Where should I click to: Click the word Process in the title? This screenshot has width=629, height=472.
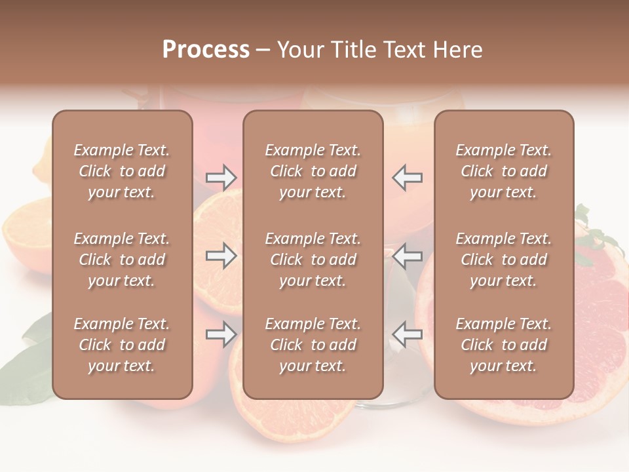[206, 50]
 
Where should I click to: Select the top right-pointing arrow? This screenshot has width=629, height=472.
[221, 177]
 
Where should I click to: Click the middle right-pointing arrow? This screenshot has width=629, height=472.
[221, 256]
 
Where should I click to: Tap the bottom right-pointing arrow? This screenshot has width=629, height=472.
[221, 334]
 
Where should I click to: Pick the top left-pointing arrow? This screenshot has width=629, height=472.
[407, 177]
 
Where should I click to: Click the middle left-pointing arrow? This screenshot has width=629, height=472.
[407, 256]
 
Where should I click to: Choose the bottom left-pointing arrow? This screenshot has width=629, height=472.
[407, 334]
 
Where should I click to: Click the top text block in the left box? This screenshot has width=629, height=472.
[122, 171]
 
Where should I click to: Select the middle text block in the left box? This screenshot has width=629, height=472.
[122, 260]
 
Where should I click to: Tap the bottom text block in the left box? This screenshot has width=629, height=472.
[122, 345]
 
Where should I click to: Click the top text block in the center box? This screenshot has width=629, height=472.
[313, 171]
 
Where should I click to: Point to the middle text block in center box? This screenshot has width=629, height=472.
[313, 260]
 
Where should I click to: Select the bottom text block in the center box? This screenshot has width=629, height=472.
[313, 345]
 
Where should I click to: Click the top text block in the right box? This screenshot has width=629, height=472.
[504, 171]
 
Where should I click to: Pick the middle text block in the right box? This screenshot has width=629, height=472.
[504, 260]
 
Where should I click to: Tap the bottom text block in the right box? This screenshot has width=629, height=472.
[504, 345]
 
